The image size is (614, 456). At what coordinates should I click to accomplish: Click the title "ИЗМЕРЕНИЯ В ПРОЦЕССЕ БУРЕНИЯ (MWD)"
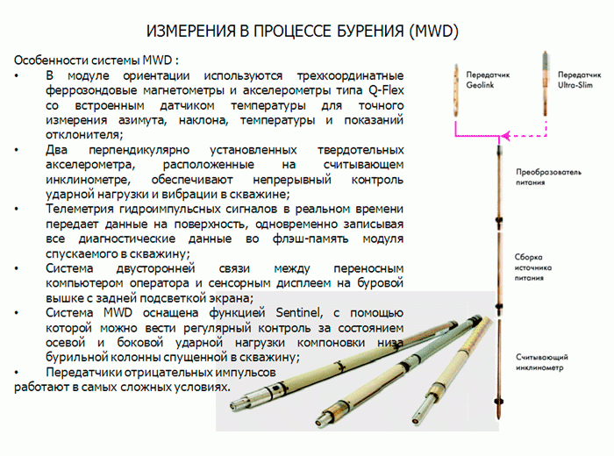coord(303,32)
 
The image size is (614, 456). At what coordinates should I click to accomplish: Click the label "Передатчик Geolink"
coord(488,80)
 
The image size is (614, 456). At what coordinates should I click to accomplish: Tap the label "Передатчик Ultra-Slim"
coord(579,80)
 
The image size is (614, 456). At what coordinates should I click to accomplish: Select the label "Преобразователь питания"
coord(548,177)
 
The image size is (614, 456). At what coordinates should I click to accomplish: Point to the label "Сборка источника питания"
coord(533,267)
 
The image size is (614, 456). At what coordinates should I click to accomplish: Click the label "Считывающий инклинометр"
coord(541,362)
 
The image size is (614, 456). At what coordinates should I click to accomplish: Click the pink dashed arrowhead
coord(505,136)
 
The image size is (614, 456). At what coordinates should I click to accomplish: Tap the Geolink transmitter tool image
coord(456,90)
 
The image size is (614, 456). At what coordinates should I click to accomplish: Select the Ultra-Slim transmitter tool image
coord(545,83)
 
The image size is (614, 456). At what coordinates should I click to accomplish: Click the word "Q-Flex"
coord(386,90)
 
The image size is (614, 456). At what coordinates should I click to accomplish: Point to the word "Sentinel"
coord(299,313)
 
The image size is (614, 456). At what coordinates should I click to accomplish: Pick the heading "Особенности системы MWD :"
coord(96,61)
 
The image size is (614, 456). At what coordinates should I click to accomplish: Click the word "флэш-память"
coord(311,239)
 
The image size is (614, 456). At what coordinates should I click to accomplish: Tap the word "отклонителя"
coord(84,135)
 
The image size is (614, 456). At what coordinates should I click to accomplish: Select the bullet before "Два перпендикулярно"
coord(17,150)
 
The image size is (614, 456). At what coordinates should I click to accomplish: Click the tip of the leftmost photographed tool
coord(232,406)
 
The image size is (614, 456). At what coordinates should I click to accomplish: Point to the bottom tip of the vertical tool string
coord(499,418)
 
